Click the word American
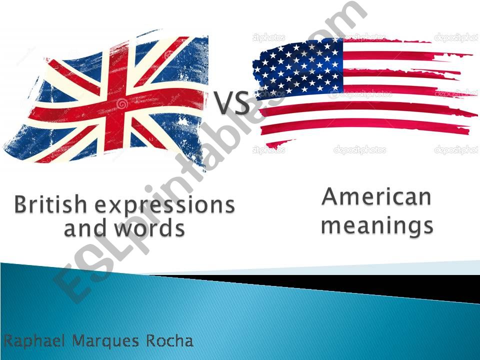coord(376,196)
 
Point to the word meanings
coord(377,225)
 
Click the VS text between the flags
coord(232,103)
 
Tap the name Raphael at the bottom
coord(35,341)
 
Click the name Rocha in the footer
coord(169,341)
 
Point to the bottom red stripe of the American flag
coord(365,128)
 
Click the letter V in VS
coord(224,103)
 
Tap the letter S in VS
coord(241,103)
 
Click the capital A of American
coord(330,196)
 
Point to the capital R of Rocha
coord(151,341)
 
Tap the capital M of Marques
coord(78,341)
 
